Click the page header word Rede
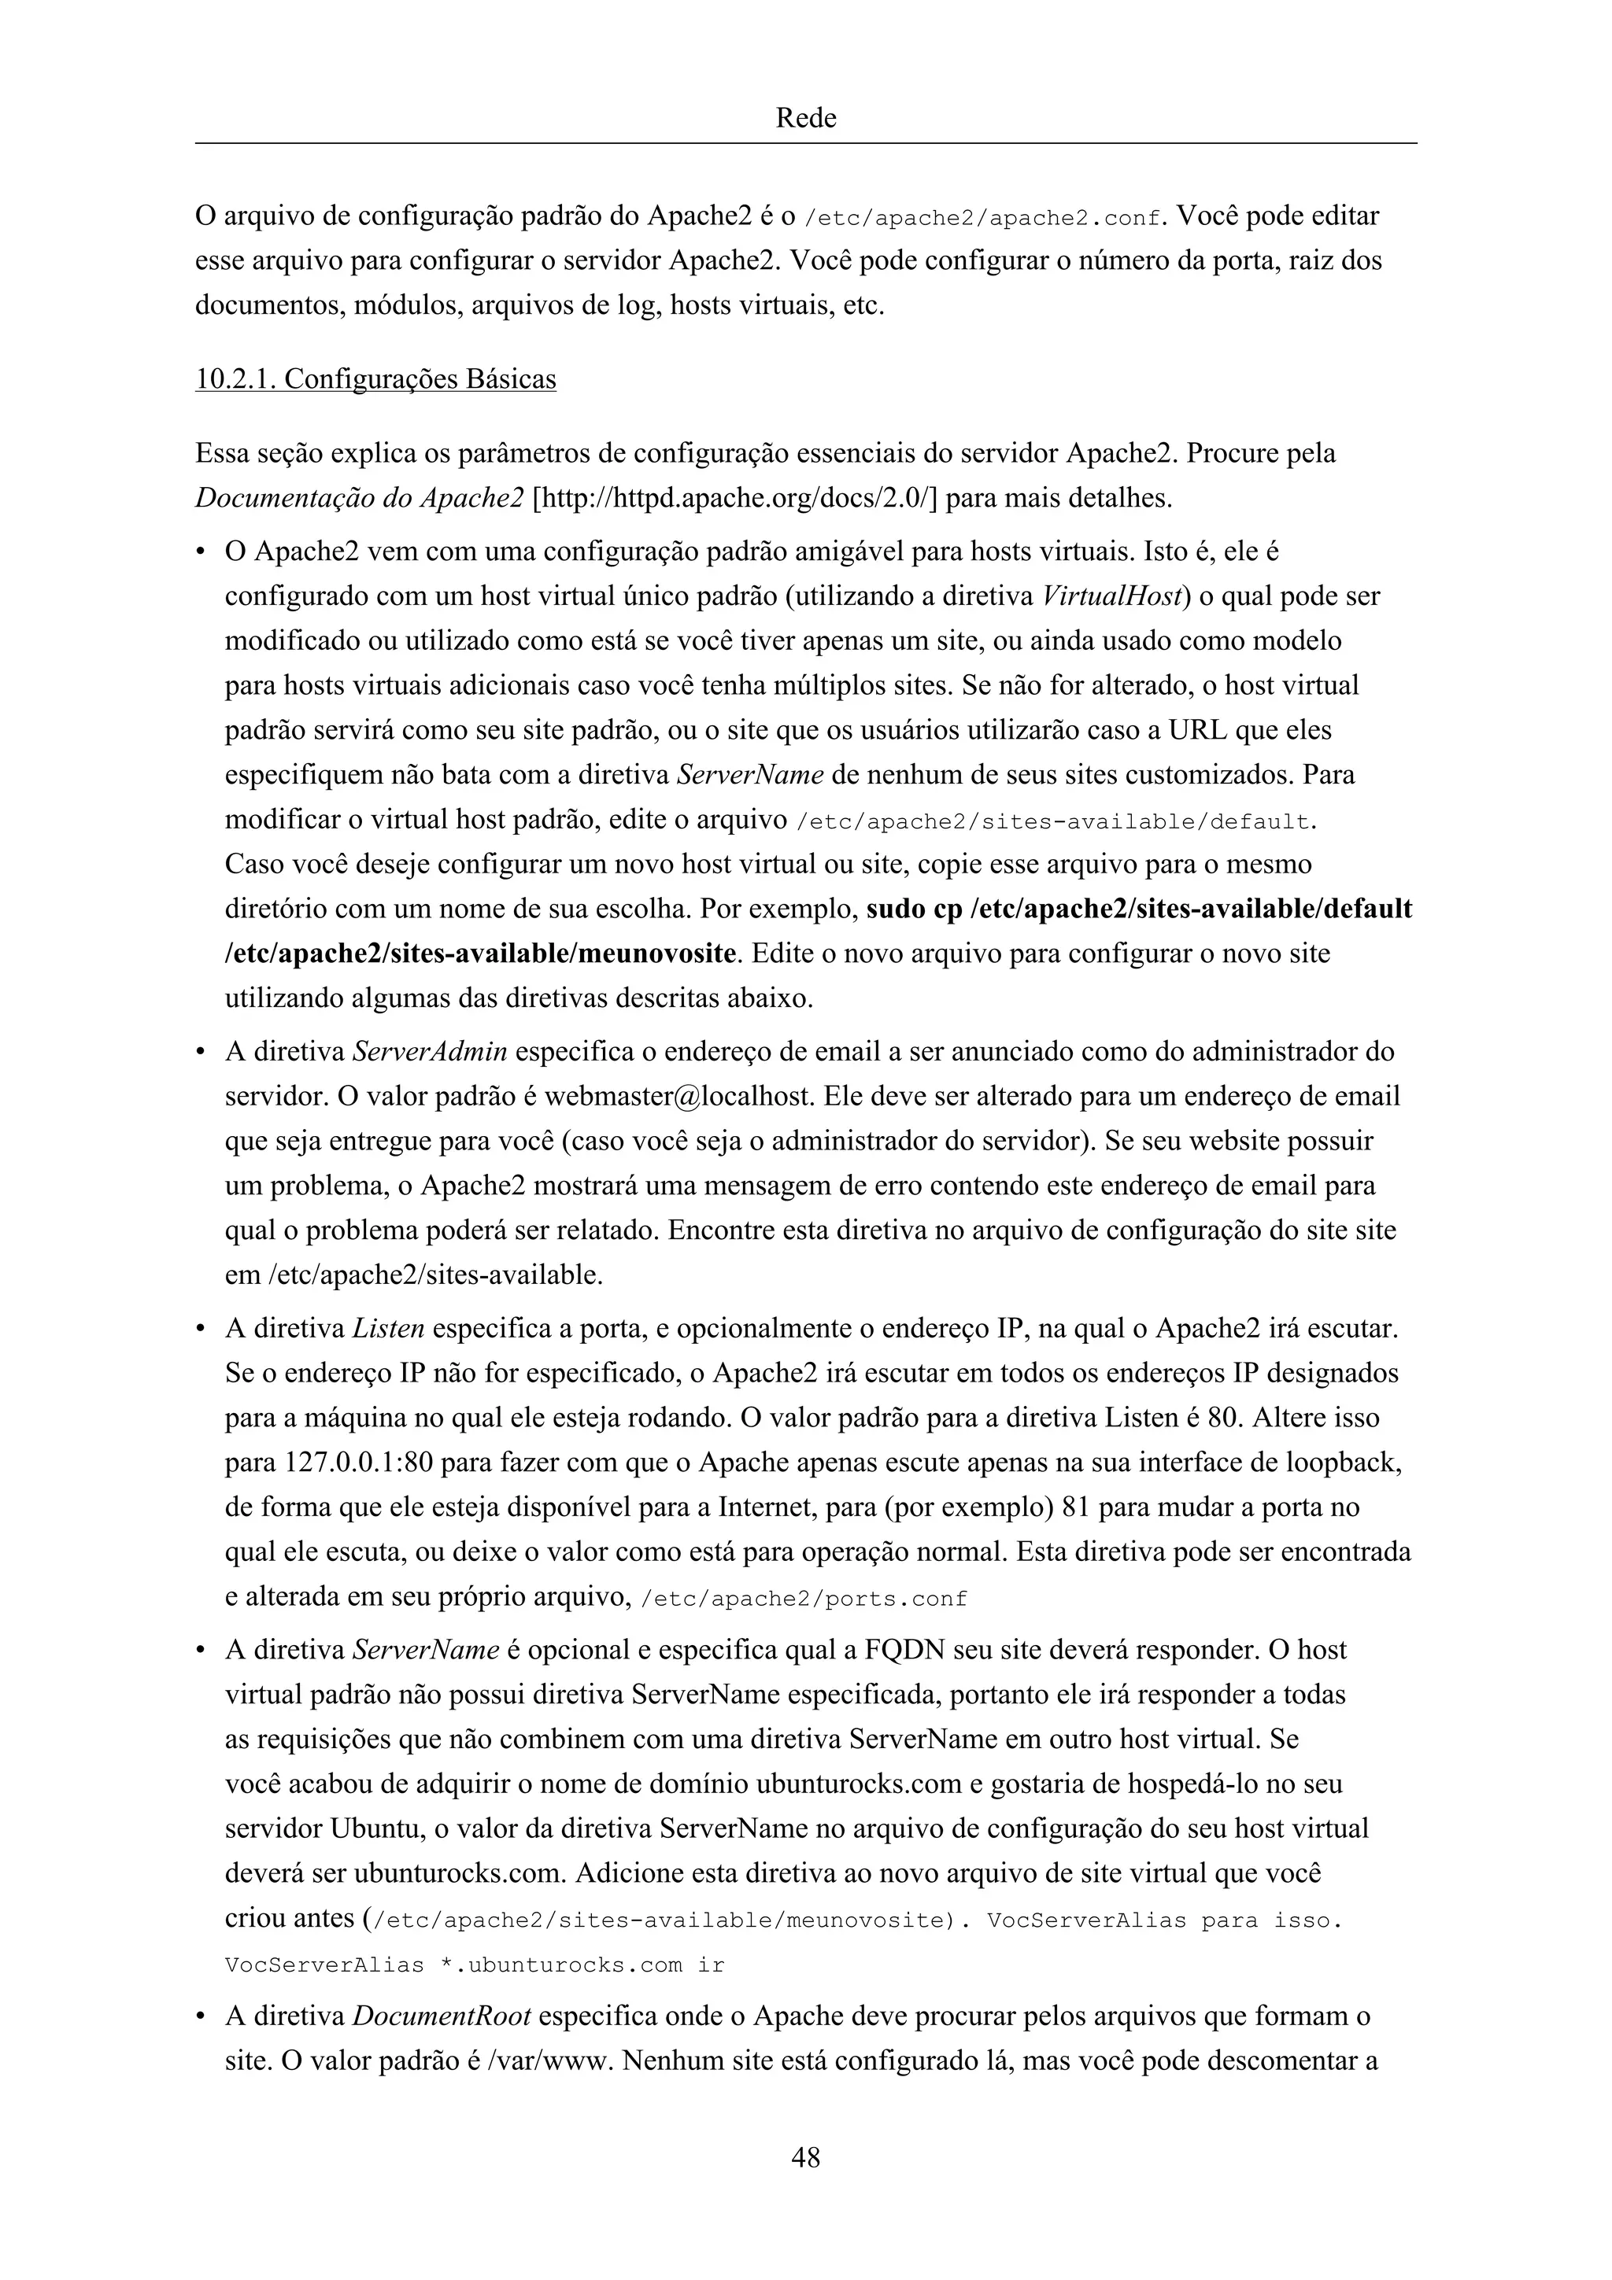pos(804,118)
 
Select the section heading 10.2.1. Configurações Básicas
pos(375,379)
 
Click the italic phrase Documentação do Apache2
pos(359,497)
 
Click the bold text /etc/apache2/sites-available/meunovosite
pos(482,954)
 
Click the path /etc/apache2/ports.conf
pos(804,1599)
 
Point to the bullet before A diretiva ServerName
pos(201,1651)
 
